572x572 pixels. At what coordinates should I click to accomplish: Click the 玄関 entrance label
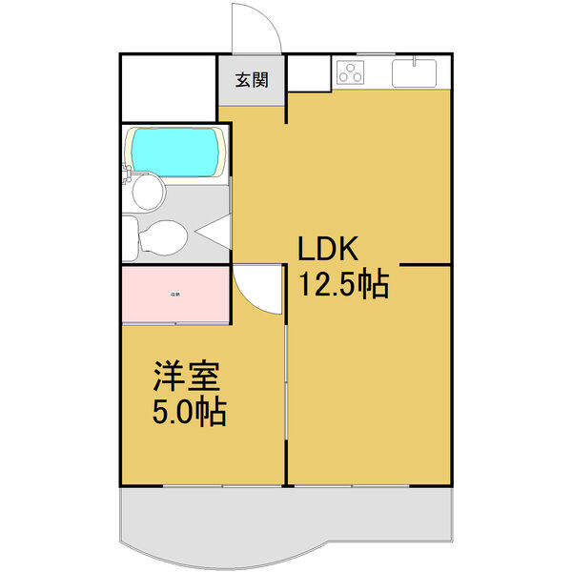pos(252,80)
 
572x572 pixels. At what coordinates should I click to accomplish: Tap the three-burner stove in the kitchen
pos(352,71)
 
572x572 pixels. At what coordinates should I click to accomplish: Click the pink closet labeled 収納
pos(175,295)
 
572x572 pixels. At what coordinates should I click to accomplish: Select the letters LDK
pos(328,250)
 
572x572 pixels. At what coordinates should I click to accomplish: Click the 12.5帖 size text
pos(344,284)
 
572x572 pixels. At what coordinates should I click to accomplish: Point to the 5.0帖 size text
pos(189,413)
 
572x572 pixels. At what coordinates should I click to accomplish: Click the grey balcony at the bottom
pos(286,520)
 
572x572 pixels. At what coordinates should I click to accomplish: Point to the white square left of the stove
pos(309,71)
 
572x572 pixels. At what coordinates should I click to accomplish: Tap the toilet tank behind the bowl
pos(131,237)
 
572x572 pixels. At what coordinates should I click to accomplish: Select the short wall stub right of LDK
pos(423,264)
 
